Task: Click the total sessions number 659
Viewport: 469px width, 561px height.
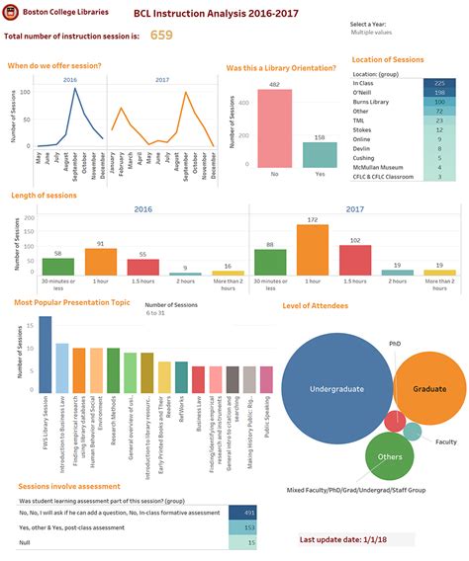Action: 161,35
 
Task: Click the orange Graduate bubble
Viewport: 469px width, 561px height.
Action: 429,389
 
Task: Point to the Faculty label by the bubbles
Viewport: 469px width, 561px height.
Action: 446,441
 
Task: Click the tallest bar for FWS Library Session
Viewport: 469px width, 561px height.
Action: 45,356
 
